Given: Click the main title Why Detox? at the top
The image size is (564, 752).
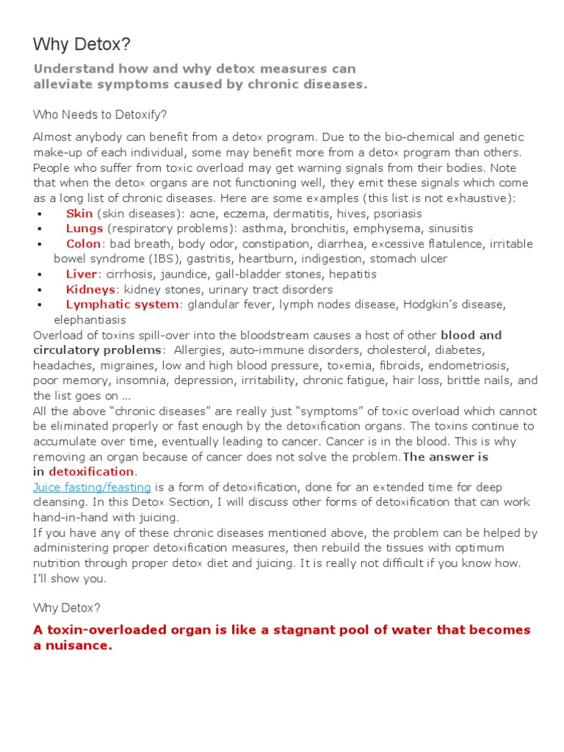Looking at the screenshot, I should pos(82,45).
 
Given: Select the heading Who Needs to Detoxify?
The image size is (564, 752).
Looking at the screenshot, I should pos(100,115).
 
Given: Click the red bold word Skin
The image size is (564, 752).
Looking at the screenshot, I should pos(79,214).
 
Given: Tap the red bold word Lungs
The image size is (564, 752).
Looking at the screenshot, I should pos(84,228).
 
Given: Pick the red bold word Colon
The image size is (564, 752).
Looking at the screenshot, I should pos(84,244).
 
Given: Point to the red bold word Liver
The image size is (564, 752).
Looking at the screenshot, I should pos(82,274).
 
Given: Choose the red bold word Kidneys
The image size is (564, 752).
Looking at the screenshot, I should pos(90,289).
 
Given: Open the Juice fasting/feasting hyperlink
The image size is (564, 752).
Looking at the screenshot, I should pos(92,487).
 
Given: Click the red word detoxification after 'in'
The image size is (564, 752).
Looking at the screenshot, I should pos(91,471).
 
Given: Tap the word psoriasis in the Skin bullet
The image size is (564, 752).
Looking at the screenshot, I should pos(397,214).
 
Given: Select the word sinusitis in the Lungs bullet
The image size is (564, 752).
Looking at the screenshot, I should pos(451,228).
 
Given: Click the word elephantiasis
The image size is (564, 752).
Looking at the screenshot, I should pos(90,319).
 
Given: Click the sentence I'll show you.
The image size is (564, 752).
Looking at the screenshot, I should pos(70,578).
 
